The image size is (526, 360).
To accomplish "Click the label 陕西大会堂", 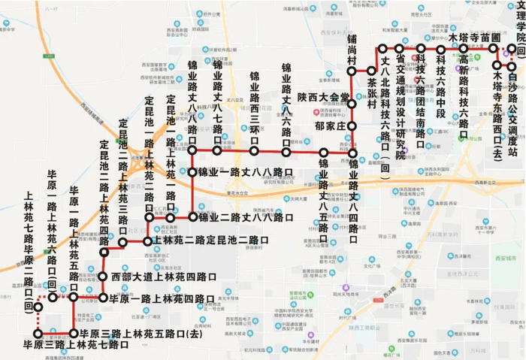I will pos(323,97).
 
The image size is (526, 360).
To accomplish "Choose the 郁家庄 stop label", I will pos(329,126).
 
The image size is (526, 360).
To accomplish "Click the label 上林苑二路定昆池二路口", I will pos(205,241).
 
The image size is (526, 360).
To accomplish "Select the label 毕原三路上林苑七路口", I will pos(77,345).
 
